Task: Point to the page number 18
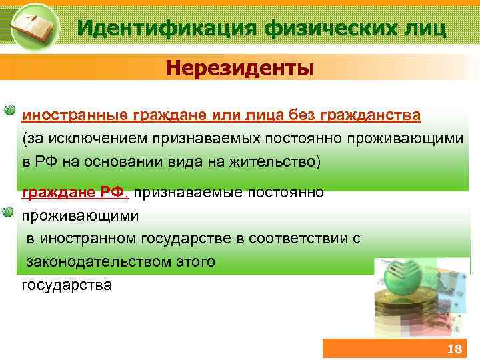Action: tap(453, 350)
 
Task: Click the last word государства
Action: tap(67, 285)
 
